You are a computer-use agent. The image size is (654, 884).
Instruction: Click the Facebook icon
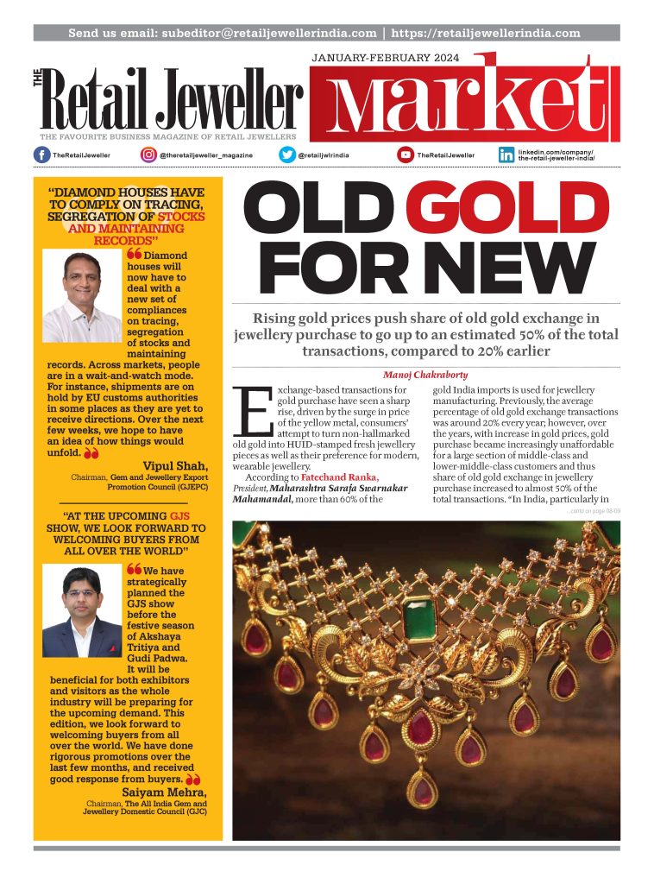[41, 155]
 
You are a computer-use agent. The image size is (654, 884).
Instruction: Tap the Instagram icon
[148, 155]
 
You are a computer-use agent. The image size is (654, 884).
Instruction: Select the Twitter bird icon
[287, 155]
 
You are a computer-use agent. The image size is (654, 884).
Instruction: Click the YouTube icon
[406, 155]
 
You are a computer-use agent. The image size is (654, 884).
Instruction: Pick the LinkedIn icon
[506, 155]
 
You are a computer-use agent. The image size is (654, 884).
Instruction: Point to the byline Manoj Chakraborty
[426, 375]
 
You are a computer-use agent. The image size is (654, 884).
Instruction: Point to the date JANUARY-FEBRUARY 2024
[385, 59]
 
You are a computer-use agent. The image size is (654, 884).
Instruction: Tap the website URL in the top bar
[486, 33]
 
